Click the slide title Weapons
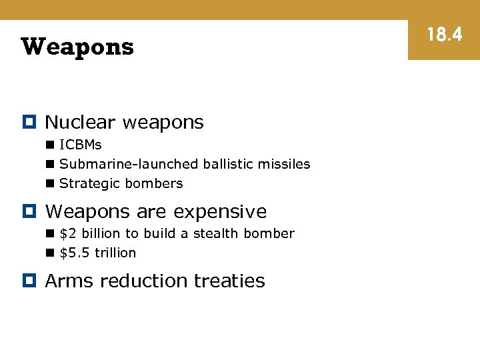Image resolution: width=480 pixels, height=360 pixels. [x=77, y=47]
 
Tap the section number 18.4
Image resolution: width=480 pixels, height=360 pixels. [x=444, y=35]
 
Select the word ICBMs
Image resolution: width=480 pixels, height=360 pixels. [x=80, y=145]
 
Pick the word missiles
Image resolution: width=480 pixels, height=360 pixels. [x=287, y=164]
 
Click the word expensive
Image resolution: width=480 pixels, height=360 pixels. [x=220, y=212]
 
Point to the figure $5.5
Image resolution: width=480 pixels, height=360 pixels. [x=75, y=253]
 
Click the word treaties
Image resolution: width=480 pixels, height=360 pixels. [x=229, y=281]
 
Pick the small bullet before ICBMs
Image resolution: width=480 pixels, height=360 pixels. [x=50, y=145]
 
